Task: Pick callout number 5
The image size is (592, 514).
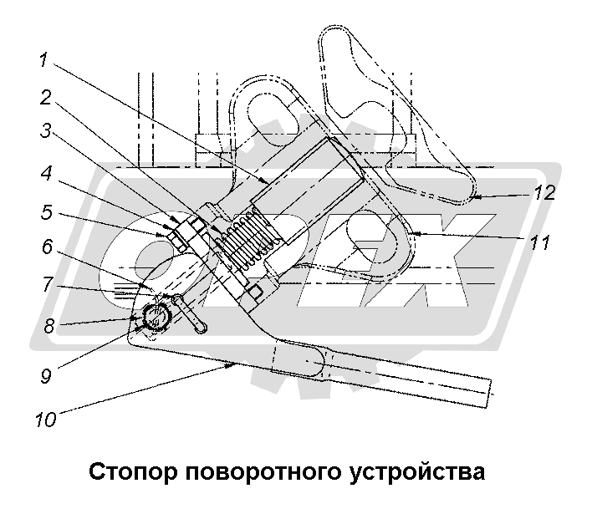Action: [47, 211]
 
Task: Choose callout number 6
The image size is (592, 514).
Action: [47, 247]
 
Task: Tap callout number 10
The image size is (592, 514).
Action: [47, 418]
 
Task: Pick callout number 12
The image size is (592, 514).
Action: [544, 193]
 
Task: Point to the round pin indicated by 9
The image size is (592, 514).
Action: [155, 316]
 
